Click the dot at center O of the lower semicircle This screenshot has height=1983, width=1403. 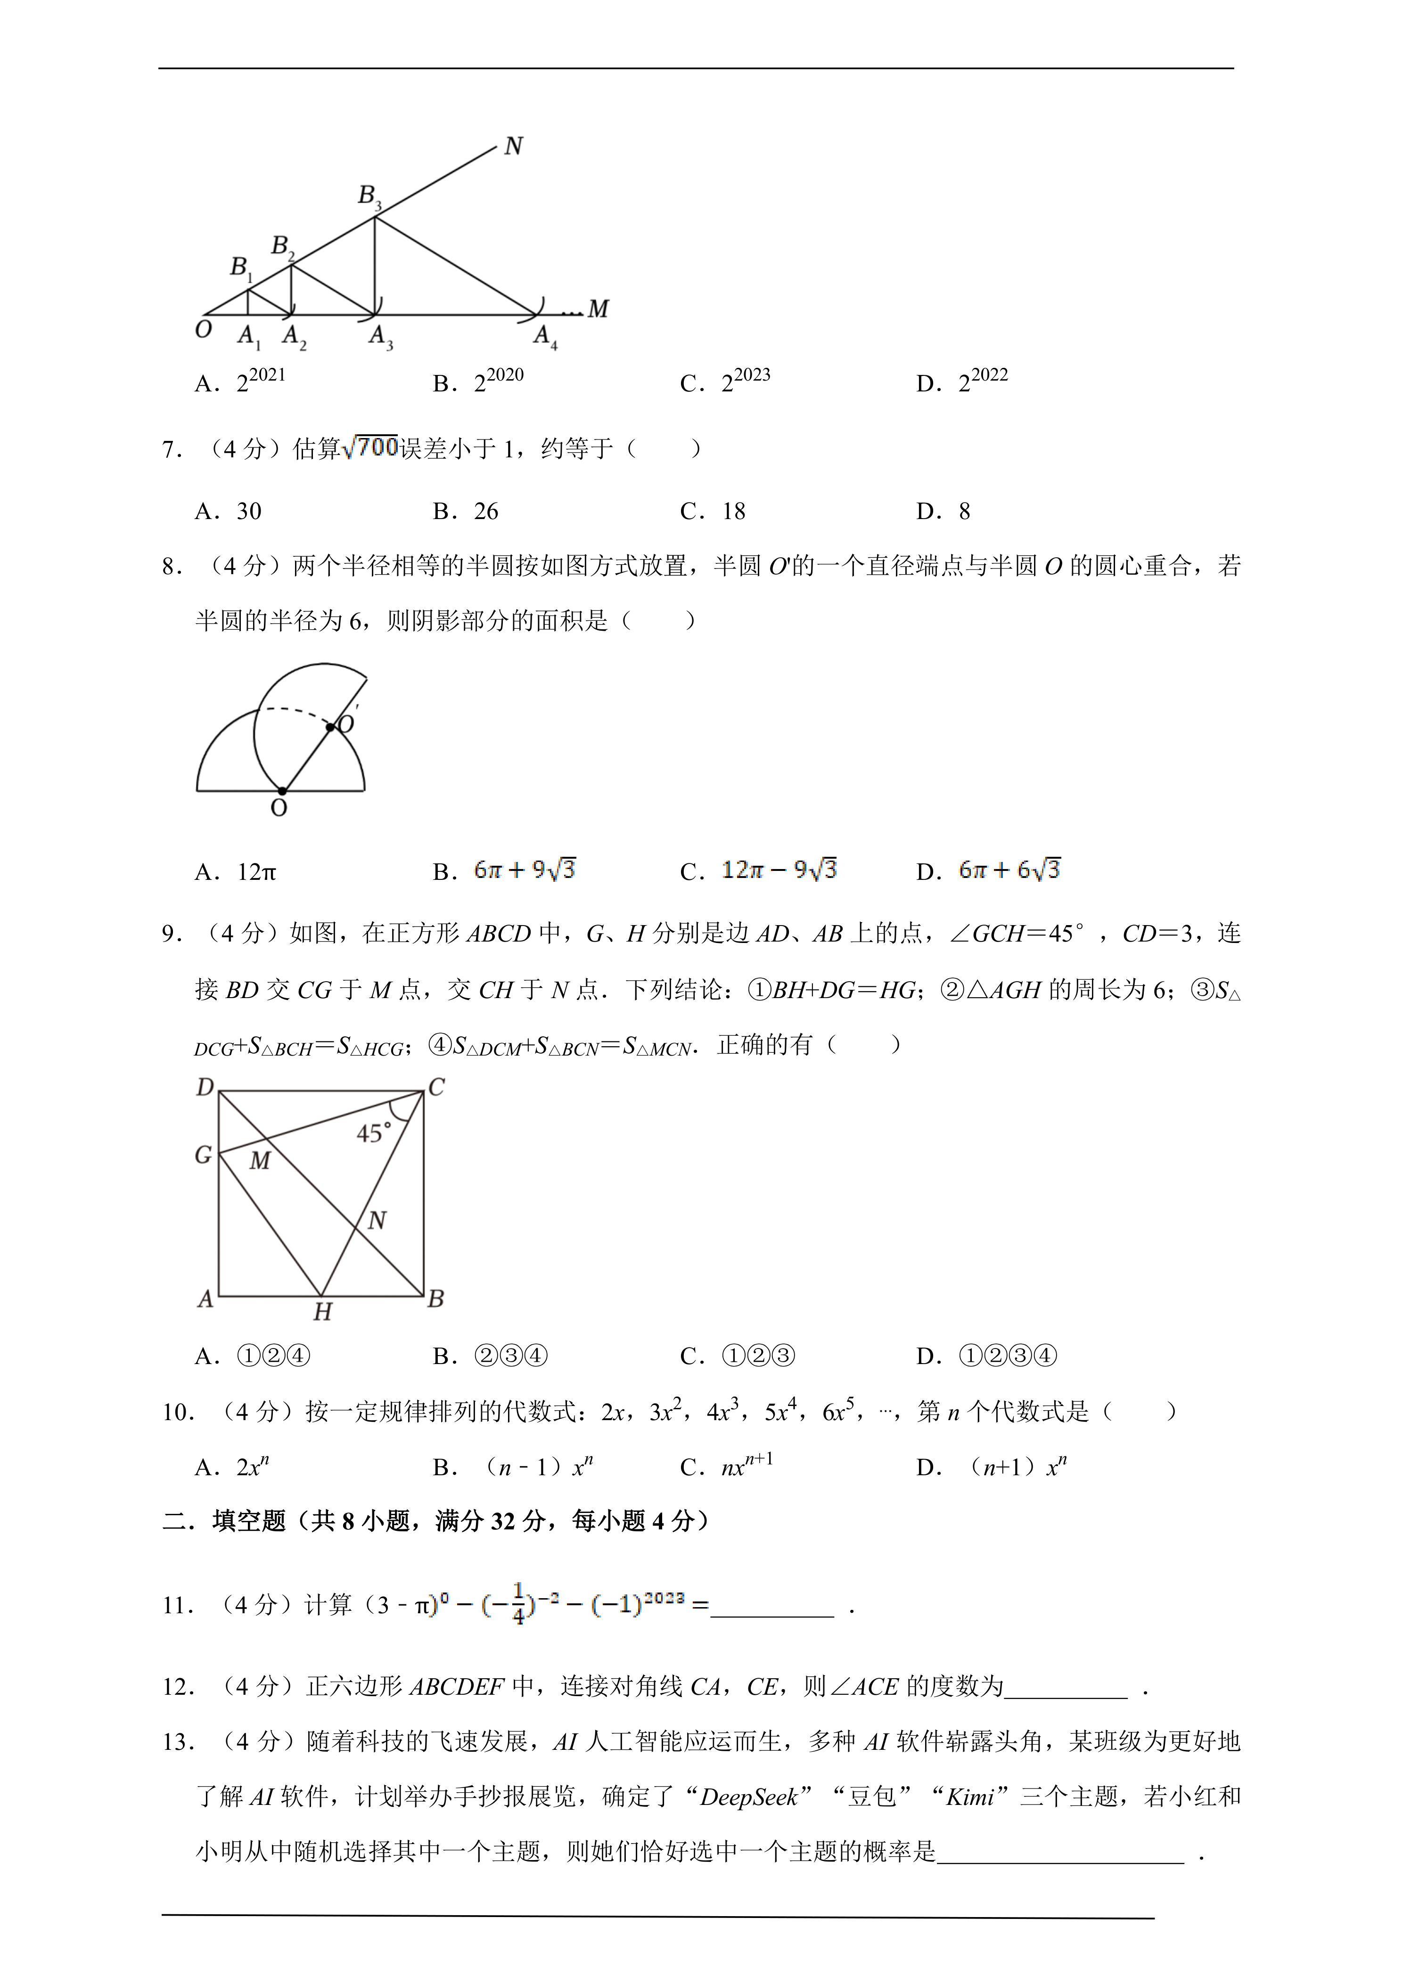[282, 790]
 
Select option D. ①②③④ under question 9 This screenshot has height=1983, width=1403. [1007, 1356]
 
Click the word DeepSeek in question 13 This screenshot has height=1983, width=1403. [748, 1797]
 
